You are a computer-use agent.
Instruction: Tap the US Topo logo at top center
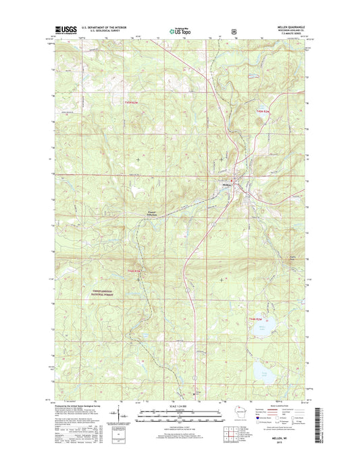(x=179, y=30)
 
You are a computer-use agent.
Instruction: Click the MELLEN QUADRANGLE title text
(x=292, y=27)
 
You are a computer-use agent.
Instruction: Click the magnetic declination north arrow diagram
(x=119, y=413)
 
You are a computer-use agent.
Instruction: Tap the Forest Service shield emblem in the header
(x=233, y=30)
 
